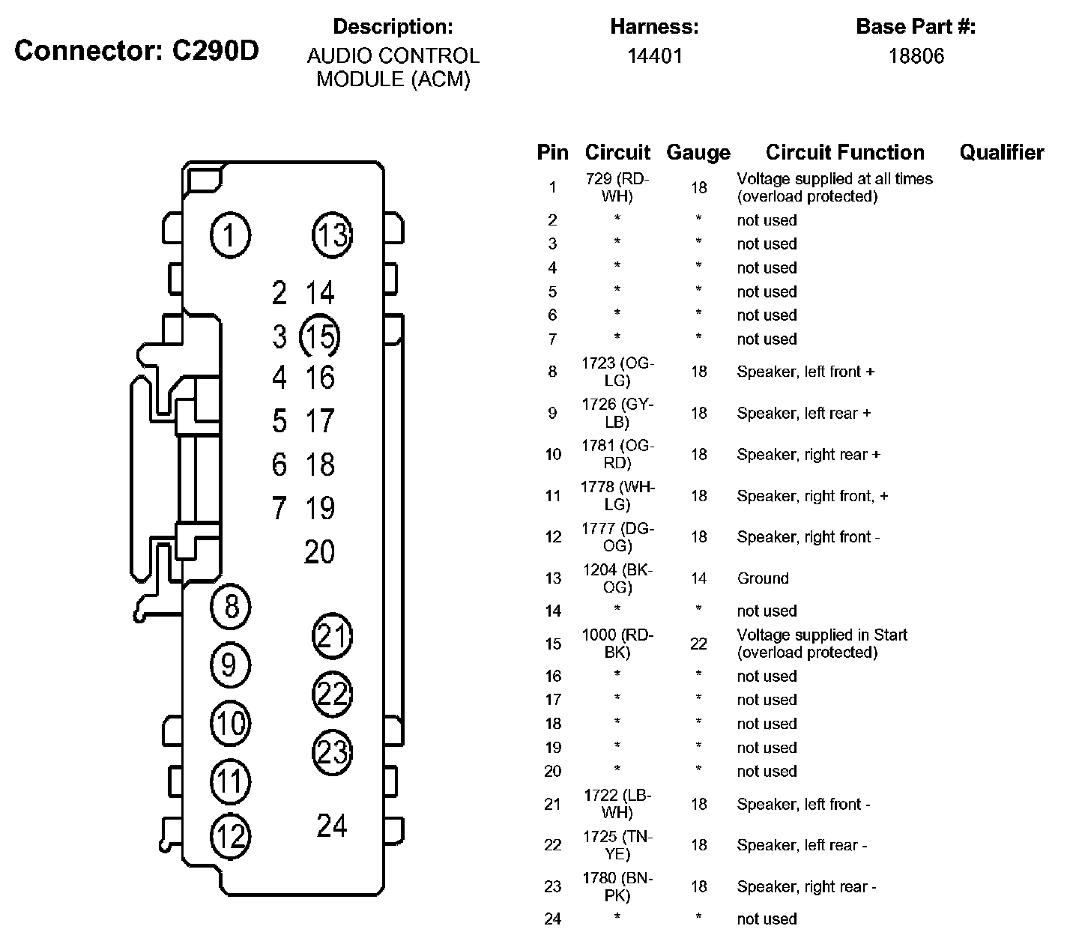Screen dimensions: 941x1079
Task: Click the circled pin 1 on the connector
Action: [230, 236]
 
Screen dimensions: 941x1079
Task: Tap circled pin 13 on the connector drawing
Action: [332, 235]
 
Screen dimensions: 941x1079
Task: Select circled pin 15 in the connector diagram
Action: [320, 336]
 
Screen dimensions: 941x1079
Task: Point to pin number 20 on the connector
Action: [319, 552]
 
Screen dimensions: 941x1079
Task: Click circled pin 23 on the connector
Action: [332, 751]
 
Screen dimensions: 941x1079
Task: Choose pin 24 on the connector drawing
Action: [332, 826]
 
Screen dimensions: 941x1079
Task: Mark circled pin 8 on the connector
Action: [231, 605]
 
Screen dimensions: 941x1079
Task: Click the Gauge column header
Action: [698, 153]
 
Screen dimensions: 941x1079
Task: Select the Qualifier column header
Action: [1001, 152]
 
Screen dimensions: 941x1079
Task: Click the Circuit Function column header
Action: [844, 153]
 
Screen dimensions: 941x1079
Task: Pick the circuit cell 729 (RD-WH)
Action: [617, 187]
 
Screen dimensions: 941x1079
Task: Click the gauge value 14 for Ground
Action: [698, 578]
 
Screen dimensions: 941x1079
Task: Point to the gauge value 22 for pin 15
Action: [698, 644]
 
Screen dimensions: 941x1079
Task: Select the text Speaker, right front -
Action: [808, 537]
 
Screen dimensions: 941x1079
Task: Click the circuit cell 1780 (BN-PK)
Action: [617, 886]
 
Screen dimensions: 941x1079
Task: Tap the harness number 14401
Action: [654, 56]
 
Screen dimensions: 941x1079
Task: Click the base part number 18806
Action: [916, 56]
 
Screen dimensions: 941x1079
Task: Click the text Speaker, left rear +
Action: [803, 414]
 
